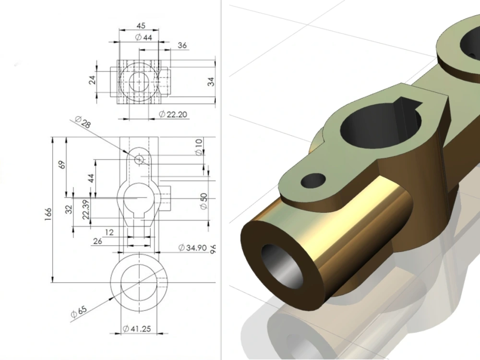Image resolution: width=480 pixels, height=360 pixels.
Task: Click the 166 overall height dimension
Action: pyautogui.click(x=48, y=213)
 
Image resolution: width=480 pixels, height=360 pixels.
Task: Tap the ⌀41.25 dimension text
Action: pyautogui.click(x=137, y=329)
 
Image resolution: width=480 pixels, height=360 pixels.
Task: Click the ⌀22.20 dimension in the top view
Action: pyautogui.click(x=172, y=114)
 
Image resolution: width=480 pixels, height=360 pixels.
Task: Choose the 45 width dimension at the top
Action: pyautogui.click(x=141, y=26)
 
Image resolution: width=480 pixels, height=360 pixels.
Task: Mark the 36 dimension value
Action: pyautogui.click(x=182, y=46)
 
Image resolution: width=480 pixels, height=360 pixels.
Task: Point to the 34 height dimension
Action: pyautogui.click(x=210, y=81)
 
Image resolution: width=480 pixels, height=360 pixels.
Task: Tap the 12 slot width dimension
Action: pyautogui.click(x=109, y=232)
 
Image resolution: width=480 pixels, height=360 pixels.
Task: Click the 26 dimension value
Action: pyautogui.click(x=97, y=241)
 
